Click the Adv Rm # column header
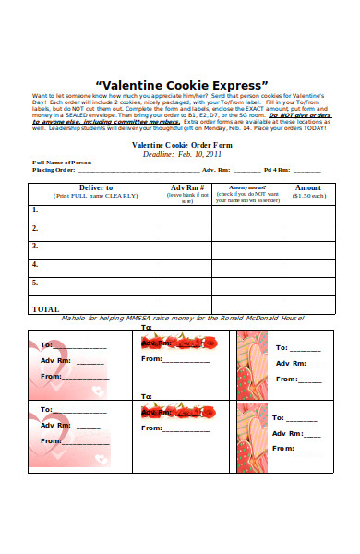tap(187, 187)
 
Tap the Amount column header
tap(308, 187)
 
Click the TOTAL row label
tap(45, 308)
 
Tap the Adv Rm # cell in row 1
tap(187, 213)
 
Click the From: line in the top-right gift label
tap(299, 379)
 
